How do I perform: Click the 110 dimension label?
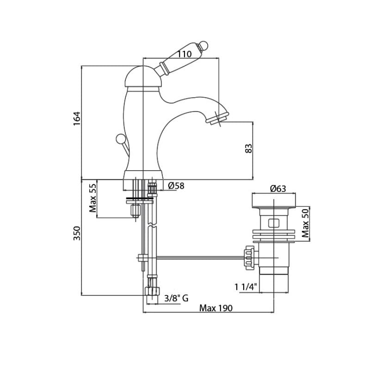[x=185, y=54]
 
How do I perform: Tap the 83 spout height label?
[x=249, y=148]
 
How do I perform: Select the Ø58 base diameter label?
[x=176, y=186]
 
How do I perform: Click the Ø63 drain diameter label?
[x=278, y=189]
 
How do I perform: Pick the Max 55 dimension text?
[x=93, y=198]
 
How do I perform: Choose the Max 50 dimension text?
[x=305, y=223]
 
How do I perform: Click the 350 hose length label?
[x=77, y=234]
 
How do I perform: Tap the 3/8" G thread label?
[x=176, y=298]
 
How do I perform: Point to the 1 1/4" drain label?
[x=246, y=287]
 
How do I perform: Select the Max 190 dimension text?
[x=216, y=308]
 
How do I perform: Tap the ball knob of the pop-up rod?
[x=120, y=138]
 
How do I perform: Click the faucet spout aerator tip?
[x=217, y=118]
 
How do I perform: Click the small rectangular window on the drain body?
[x=274, y=223]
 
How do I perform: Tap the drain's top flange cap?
[x=274, y=201]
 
